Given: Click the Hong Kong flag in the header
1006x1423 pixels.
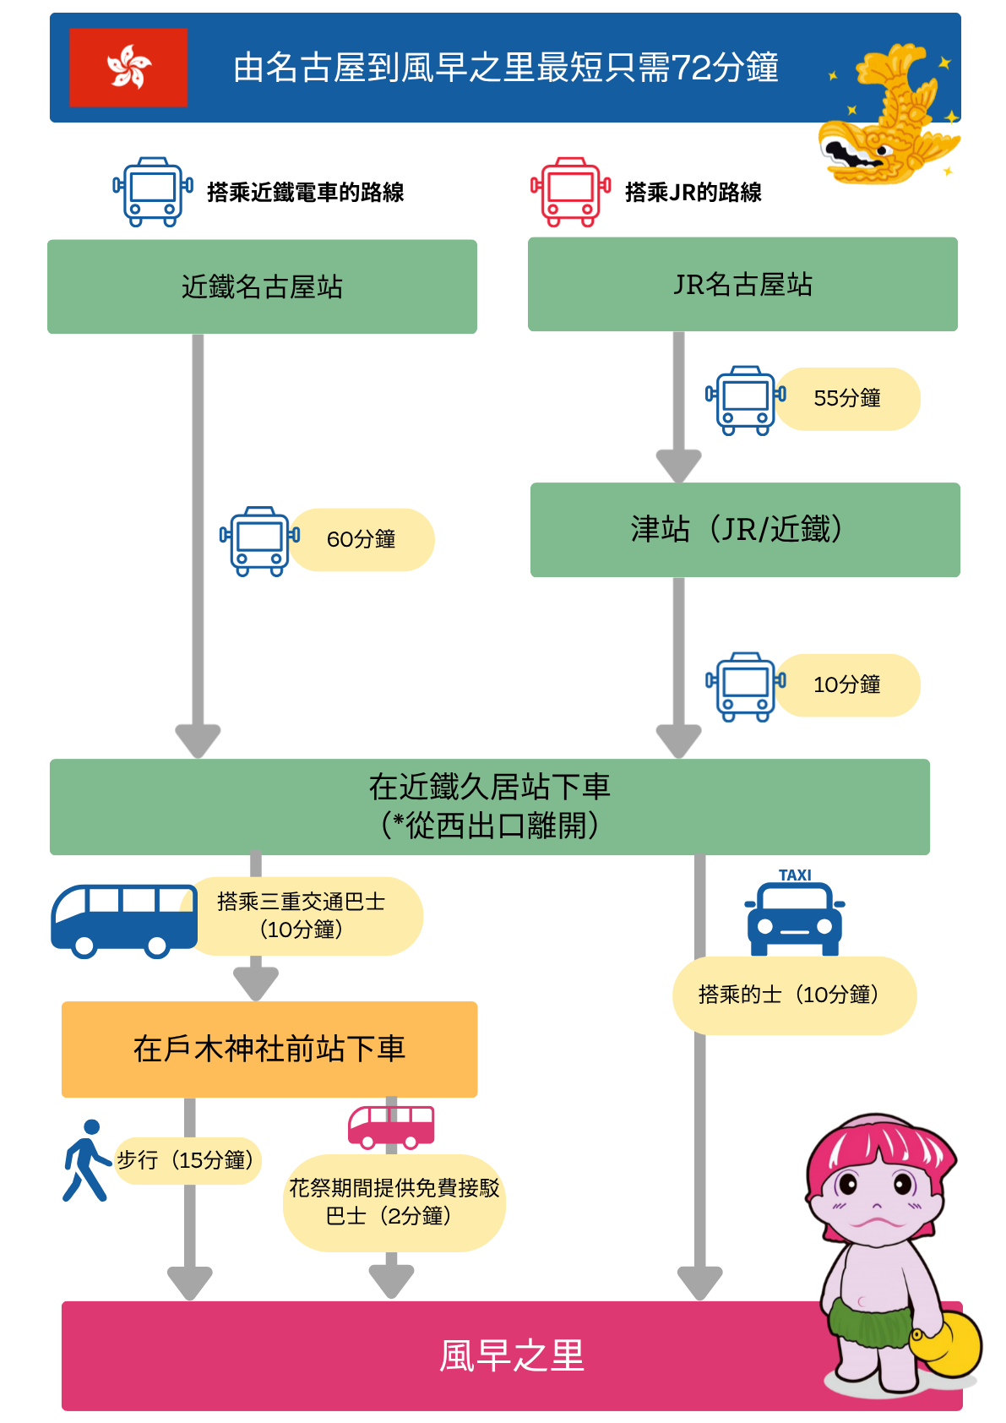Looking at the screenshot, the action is (x=128, y=68).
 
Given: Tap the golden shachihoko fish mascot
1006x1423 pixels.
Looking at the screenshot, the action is (x=889, y=114).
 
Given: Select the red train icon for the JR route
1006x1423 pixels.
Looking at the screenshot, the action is (x=570, y=192).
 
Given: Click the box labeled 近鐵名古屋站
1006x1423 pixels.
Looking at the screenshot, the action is (x=262, y=286).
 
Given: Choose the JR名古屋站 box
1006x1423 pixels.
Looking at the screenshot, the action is (x=742, y=284).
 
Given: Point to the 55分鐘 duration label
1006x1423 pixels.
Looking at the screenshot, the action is (x=847, y=398).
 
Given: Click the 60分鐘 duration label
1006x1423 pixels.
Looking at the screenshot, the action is (x=361, y=539).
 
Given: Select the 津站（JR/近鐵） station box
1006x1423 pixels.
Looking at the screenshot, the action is (x=745, y=530).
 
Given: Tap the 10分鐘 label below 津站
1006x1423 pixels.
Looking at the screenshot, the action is (x=847, y=684).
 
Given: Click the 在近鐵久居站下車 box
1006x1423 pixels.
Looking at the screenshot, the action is (x=490, y=807).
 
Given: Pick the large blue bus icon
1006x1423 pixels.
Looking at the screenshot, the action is (x=124, y=921).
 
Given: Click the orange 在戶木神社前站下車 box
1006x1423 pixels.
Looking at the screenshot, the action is (x=269, y=1050).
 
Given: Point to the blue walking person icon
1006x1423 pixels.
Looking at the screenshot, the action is (x=87, y=1160).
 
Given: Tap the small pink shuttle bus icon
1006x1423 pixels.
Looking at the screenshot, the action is (x=391, y=1127).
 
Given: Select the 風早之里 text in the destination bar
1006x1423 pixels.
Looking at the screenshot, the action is (x=512, y=1355).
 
